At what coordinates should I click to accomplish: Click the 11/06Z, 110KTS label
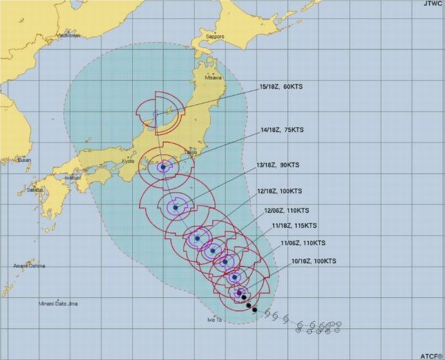[x=304, y=243]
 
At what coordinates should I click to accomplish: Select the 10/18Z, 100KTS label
[x=314, y=261]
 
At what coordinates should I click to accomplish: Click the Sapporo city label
[x=215, y=37]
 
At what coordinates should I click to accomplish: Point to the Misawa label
[x=212, y=77]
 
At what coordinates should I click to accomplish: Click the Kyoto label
[x=128, y=161]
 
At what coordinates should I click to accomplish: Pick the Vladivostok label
[x=68, y=35]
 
